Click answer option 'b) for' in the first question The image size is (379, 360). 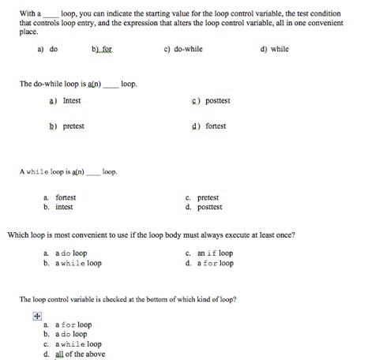[103, 49]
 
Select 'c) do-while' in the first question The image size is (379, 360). [183, 49]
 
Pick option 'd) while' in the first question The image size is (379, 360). [274, 49]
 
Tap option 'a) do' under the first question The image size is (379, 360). [47, 49]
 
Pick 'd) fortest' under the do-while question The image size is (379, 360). [210, 126]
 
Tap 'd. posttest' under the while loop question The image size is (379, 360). [205, 208]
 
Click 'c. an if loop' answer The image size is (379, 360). [210, 253]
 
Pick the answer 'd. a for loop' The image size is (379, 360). [210, 264]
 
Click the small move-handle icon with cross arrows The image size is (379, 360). [36, 313]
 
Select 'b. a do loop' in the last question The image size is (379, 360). [67, 334]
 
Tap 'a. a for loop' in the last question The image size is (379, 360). [69, 324]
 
